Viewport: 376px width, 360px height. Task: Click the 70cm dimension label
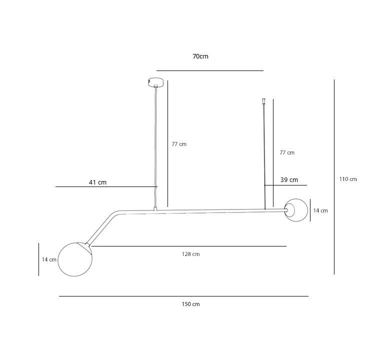click(x=200, y=56)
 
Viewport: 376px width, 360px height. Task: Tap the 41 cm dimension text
click(x=97, y=182)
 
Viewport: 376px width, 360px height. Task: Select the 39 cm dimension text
click(x=289, y=180)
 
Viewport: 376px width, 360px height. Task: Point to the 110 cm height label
click(x=348, y=179)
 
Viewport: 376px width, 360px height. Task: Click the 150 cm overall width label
click(x=190, y=304)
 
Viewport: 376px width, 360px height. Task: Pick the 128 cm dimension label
click(x=190, y=254)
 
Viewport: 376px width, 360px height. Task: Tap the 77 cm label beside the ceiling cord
click(x=179, y=144)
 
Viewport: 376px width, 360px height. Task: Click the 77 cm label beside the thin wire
click(x=287, y=152)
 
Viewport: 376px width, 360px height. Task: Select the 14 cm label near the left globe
click(x=49, y=259)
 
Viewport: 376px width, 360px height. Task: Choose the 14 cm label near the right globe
click(x=320, y=210)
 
